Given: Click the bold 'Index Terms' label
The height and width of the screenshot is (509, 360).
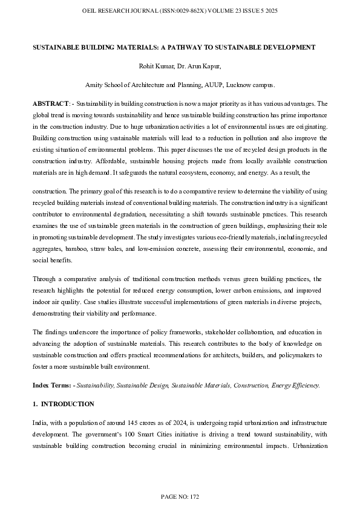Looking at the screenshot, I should pos(51,385).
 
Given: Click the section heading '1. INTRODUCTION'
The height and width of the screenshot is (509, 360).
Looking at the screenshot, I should pos(63,404).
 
